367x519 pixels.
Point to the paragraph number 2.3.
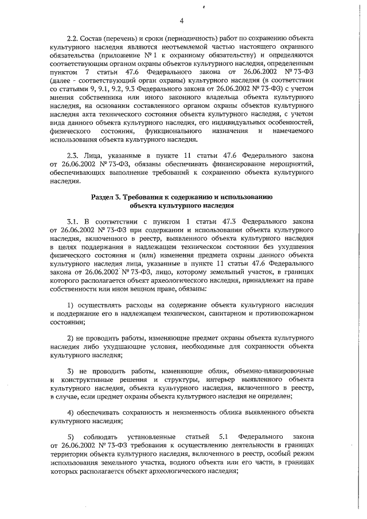point(73,155)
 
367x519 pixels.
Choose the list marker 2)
point(72,337)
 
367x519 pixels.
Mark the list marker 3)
point(72,370)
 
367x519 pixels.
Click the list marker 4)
point(72,413)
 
